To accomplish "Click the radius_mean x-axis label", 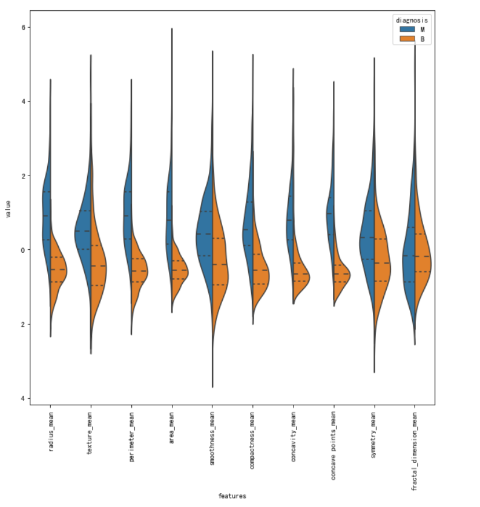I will [x=50, y=432].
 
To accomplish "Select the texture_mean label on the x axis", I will [x=91, y=432].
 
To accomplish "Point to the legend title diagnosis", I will [x=412, y=20].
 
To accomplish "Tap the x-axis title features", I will [x=232, y=496].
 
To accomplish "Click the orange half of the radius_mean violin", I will [x=58, y=269].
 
